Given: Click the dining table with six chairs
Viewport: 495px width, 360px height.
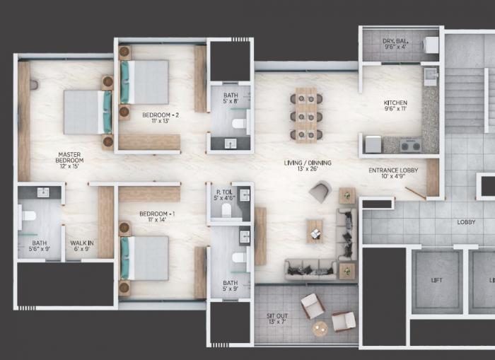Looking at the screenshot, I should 306,115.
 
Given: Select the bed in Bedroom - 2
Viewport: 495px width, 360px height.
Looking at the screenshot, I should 147,82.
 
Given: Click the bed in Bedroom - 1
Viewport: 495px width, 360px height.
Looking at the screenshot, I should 147,257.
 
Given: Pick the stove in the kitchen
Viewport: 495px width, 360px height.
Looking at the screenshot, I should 410,146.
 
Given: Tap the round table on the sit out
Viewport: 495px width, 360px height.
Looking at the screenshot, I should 320,327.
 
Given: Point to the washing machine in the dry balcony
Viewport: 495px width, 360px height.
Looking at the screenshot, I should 431,45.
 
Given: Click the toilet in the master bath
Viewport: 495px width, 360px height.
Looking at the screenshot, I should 28,216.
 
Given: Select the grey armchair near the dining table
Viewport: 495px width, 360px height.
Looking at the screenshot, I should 320,191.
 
